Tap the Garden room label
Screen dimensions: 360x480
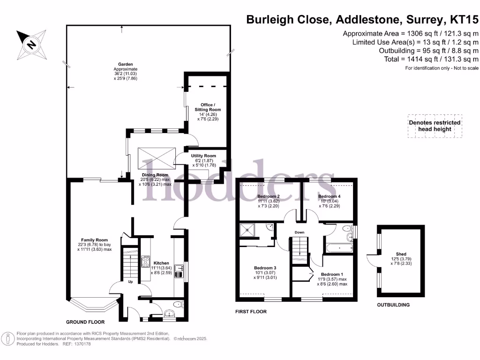126,65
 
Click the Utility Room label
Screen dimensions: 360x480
203,156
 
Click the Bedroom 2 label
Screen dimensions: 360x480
269,196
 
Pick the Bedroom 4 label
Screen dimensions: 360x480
329,196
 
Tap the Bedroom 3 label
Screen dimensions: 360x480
265,268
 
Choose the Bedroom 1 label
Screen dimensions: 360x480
332,274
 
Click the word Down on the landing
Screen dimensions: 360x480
300,232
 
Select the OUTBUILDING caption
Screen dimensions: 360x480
393,305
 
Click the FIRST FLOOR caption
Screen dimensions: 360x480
251,311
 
